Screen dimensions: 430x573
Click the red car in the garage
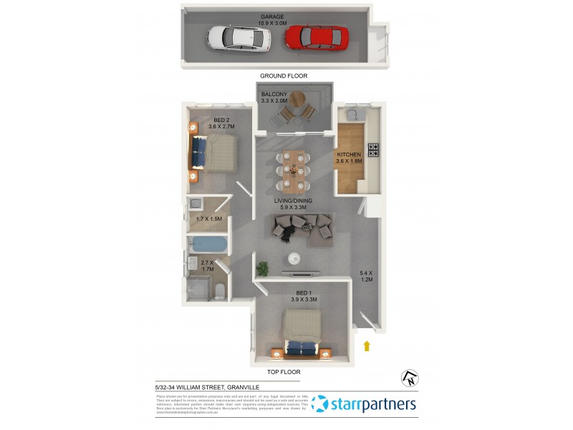(317, 38)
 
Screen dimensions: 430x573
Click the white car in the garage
(239, 38)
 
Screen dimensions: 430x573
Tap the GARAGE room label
(272, 16)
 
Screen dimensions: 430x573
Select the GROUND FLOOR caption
(284, 75)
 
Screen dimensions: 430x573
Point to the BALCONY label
(274, 95)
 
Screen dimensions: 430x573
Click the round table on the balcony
(296, 100)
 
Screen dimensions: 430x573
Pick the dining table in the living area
(292, 166)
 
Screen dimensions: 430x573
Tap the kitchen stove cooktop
(373, 150)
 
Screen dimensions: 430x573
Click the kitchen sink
(353, 114)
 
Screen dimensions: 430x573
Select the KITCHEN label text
(350, 154)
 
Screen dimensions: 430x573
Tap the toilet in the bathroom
(220, 290)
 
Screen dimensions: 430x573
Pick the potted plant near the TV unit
(263, 269)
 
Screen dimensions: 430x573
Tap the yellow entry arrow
(367, 346)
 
